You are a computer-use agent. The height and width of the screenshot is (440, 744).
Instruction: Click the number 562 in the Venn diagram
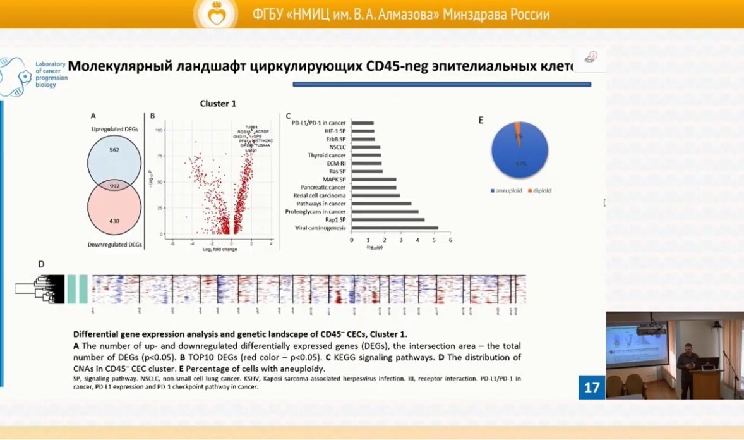click(x=114, y=150)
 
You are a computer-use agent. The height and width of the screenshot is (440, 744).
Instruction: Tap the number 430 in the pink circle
click(x=114, y=221)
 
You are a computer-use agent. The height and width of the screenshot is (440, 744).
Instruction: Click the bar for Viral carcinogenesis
click(x=395, y=228)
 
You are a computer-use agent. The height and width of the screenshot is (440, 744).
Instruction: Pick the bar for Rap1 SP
click(x=388, y=219)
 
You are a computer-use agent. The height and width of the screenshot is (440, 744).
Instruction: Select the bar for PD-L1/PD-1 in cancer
click(x=363, y=123)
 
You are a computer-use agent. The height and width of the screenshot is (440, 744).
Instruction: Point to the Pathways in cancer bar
click(x=381, y=204)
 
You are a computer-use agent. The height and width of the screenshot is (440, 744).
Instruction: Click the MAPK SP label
click(x=334, y=180)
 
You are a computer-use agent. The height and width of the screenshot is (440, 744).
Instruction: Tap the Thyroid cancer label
click(x=327, y=155)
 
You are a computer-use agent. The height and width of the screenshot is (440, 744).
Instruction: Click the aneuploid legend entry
click(x=510, y=190)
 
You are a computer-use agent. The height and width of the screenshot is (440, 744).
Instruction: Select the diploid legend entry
click(x=541, y=190)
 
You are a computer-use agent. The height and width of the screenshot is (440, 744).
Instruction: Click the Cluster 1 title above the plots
click(x=218, y=104)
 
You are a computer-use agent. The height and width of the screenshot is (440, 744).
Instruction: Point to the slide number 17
click(x=591, y=387)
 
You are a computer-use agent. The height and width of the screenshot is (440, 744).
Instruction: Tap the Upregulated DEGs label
click(x=114, y=129)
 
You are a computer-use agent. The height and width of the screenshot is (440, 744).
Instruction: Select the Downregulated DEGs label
click(x=114, y=244)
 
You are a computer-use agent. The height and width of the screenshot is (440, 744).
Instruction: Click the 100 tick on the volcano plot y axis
click(x=160, y=130)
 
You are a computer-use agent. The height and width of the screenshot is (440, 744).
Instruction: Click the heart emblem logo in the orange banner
click(x=216, y=14)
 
